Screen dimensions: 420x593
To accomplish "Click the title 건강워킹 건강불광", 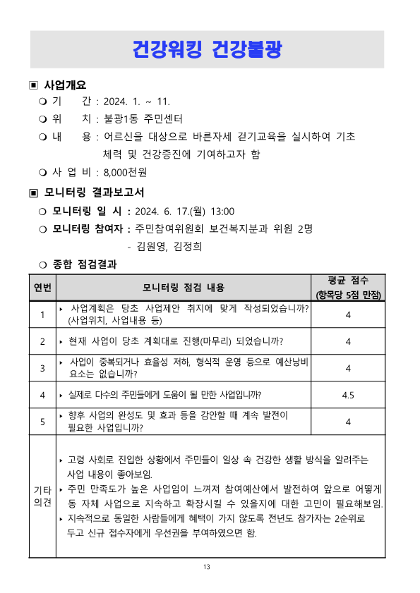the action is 210,49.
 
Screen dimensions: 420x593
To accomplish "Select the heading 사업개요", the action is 65,85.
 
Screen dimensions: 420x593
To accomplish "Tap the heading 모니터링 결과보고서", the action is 94,192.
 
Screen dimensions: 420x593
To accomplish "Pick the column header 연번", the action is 42,287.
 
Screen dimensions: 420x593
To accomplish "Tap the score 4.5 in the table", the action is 348,395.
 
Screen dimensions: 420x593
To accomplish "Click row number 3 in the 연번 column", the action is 42,368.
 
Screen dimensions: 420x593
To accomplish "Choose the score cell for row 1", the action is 348,314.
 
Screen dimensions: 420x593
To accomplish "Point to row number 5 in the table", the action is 42,422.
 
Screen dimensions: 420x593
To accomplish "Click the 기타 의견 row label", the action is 42,496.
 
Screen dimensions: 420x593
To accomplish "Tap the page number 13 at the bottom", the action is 207,567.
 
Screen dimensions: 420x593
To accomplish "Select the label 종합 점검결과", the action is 85,264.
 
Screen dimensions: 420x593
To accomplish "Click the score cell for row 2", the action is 348,341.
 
